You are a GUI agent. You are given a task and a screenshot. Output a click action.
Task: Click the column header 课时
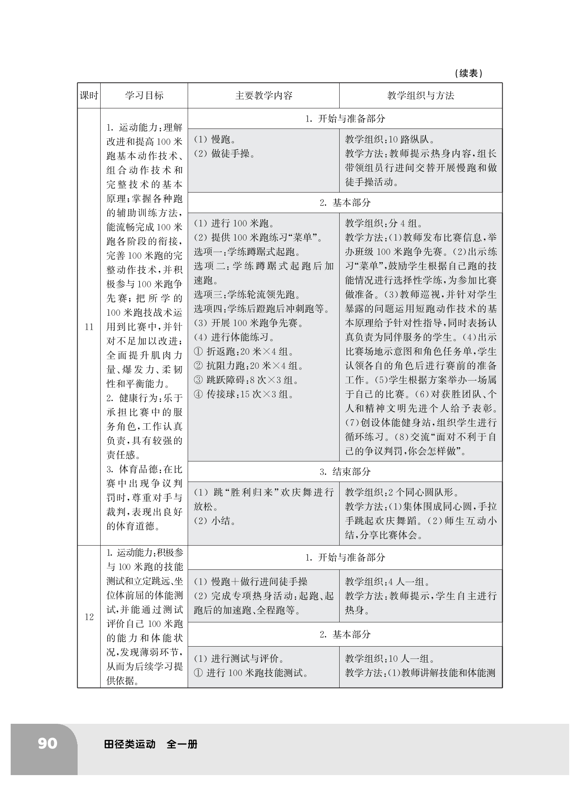point(89,96)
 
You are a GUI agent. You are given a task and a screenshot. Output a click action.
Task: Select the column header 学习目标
point(144,96)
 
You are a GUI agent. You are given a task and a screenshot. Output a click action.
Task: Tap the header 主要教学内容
point(263,96)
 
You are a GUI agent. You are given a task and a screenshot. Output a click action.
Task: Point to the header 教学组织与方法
point(420,96)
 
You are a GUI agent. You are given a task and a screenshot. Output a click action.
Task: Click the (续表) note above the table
point(469,73)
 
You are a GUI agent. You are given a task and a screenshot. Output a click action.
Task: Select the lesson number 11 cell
point(89,327)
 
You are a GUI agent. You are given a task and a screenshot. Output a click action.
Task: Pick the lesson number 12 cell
point(89,617)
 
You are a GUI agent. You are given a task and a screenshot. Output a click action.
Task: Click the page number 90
point(48,743)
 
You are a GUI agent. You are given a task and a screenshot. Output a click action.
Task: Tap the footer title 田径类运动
point(130,744)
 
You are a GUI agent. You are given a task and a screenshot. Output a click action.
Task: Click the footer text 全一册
point(182,744)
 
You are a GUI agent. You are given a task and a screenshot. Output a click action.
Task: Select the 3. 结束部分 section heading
point(345,472)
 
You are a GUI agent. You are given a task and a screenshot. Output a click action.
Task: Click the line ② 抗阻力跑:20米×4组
point(248,366)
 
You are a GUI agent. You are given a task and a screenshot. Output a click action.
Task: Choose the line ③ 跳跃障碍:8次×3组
point(246,380)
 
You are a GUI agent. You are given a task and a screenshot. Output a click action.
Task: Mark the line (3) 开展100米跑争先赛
point(248,323)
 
